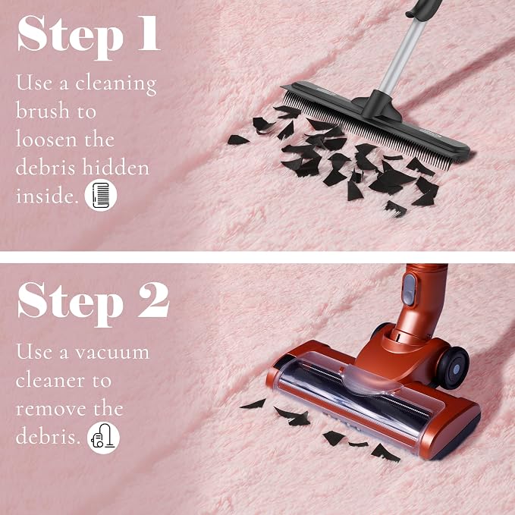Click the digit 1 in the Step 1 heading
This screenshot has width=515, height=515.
[x=149, y=33]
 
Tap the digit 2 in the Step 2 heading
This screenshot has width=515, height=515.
[x=153, y=300]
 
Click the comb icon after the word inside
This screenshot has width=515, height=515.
[x=101, y=195]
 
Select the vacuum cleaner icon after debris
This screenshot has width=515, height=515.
[x=103, y=438]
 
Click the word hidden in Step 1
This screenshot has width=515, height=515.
[x=115, y=167]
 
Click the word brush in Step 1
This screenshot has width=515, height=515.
[x=42, y=110]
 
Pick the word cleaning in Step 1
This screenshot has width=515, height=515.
[x=115, y=84]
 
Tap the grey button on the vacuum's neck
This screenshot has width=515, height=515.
[x=410, y=290]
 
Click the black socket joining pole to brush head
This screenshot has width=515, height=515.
[x=378, y=105]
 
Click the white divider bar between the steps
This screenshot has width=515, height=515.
[x=258, y=257]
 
